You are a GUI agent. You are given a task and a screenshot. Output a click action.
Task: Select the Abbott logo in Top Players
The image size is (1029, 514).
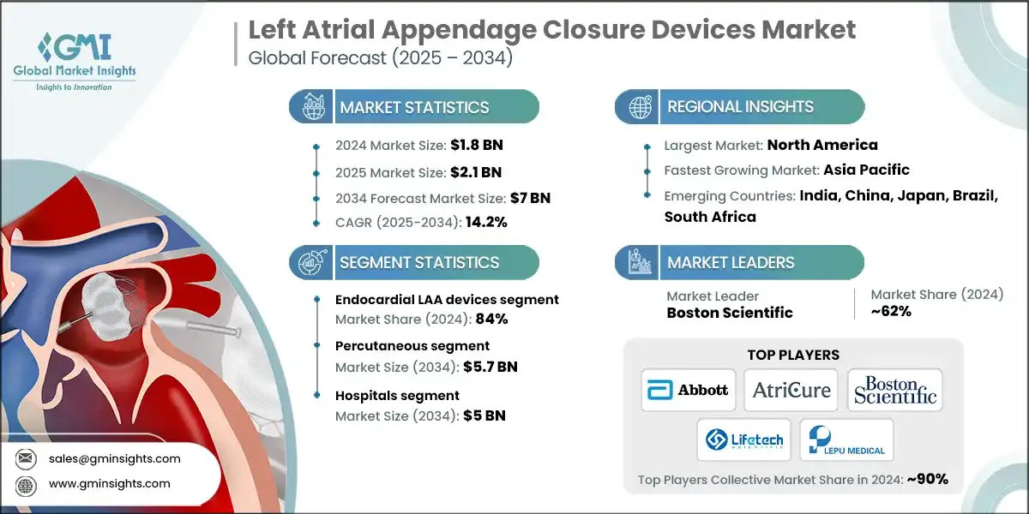click(689, 390)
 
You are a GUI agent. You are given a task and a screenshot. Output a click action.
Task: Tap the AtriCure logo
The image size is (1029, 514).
click(791, 390)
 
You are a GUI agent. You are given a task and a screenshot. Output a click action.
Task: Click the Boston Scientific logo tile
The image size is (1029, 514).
click(894, 390)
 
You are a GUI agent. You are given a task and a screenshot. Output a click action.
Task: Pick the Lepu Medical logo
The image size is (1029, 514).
click(846, 440)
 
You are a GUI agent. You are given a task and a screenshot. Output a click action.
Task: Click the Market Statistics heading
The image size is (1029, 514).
click(414, 107)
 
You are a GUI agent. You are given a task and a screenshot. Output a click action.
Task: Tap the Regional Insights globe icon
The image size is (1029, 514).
click(639, 107)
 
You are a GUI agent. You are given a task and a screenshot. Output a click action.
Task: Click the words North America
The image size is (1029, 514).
click(822, 145)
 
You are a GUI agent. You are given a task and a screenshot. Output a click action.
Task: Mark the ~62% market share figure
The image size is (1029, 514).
click(890, 311)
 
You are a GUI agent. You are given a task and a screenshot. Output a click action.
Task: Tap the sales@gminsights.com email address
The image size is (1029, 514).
click(114, 458)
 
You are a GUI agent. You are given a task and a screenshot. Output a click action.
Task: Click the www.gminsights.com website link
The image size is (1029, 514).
click(109, 484)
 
